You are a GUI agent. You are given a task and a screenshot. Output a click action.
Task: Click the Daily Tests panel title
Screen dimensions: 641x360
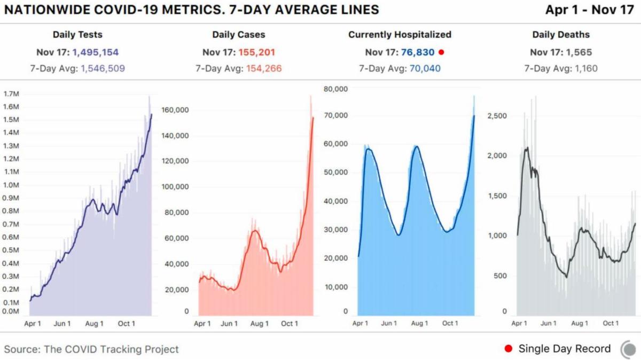(x=77, y=35)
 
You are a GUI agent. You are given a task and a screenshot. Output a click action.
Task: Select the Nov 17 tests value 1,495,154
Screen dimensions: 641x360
(x=95, y=52)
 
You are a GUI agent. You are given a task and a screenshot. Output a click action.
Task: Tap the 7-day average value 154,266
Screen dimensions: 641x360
(x=264, y=68)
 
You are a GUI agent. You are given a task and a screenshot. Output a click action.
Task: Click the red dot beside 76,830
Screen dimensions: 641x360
(x=441, y=52)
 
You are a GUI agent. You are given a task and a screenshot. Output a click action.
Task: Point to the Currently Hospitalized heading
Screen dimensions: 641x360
(x=400, y=35)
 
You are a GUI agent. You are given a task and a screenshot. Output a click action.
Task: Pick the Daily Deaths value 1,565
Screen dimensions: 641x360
(x=579, y=52)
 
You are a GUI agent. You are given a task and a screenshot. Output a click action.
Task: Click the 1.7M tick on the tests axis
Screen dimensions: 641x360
(x=11, y=94)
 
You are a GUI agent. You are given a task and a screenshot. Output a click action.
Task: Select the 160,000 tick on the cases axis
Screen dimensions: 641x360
(x=175, y=110)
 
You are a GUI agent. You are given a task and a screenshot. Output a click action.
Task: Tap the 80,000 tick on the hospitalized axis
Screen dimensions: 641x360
(x=335, y=89)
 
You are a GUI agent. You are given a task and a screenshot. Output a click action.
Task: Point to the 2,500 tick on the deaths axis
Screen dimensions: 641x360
(x=497, y=116)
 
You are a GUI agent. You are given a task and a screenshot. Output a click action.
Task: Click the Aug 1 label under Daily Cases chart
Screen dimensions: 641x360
(x=260, y=324)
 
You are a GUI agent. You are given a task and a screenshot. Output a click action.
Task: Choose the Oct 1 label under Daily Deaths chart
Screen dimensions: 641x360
(x=611, y=323)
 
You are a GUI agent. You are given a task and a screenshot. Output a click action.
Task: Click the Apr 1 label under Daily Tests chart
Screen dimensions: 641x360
(x=33, y=324)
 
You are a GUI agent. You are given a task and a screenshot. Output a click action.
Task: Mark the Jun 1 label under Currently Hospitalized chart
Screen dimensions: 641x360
(x=389, y=323)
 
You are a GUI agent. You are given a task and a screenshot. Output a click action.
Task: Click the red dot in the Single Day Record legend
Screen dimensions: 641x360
(x=509, y=349)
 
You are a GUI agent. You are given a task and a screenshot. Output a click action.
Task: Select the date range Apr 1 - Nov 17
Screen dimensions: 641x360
(x=590, y=10)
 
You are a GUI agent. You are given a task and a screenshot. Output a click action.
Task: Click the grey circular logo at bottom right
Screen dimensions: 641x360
(x=629, y=349)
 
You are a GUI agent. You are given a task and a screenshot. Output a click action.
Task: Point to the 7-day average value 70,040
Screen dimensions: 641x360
(x=425, y=68)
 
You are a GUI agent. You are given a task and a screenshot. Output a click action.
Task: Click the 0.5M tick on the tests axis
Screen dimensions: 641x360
(x=11, y=250)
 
